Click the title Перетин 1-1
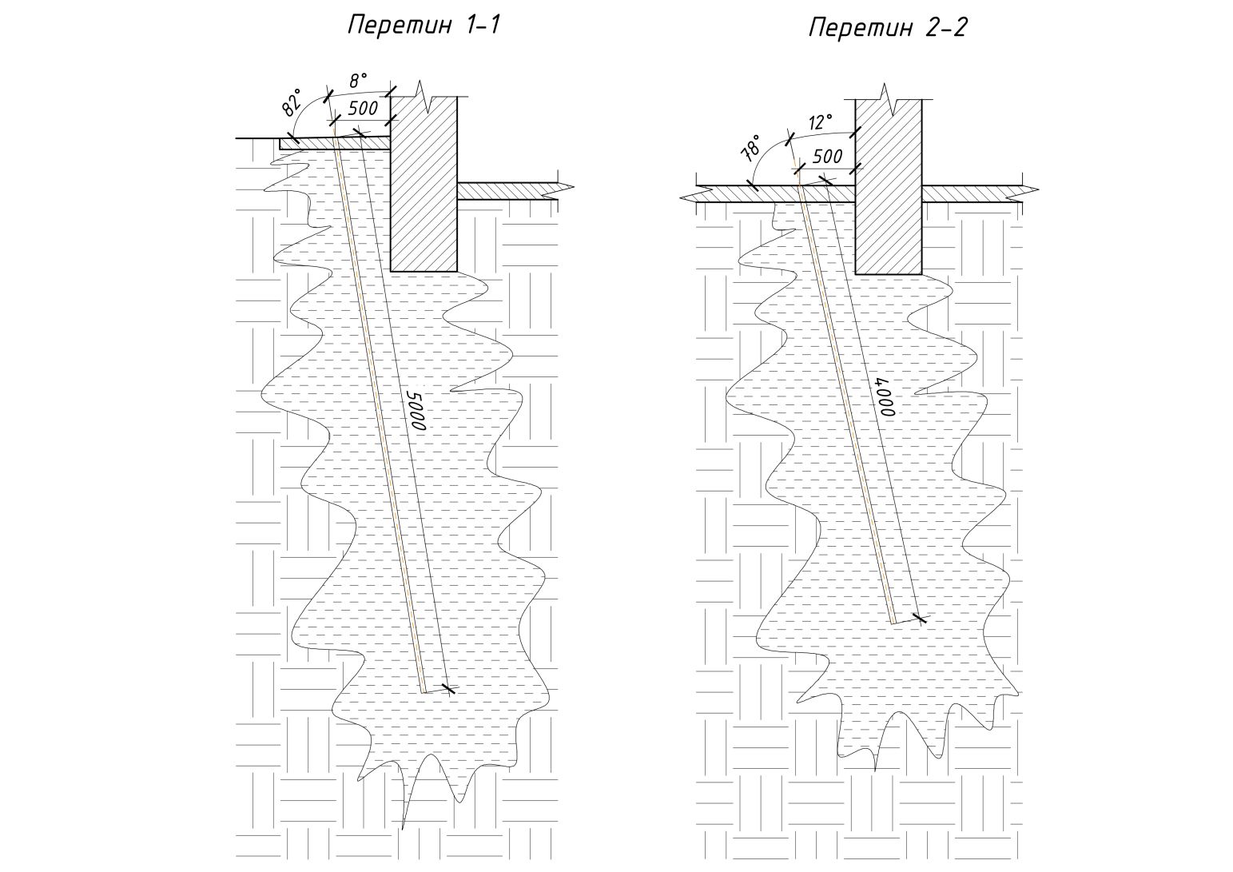click(424, 25)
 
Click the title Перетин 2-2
click(887, 28)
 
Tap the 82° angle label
click(292, 103)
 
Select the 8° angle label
click(357, 81)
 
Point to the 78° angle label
click(751, 149)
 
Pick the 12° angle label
click(820, 123)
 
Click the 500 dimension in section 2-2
click(826, 157)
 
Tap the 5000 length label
click(415, 411)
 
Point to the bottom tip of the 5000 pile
click(424, 691)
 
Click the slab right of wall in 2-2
click(975, 193)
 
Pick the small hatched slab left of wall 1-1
click(320, 143)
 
